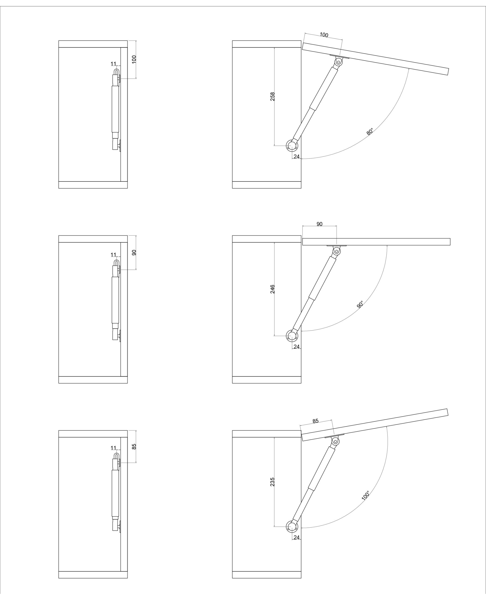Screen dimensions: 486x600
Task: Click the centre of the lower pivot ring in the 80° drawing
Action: (292, 146)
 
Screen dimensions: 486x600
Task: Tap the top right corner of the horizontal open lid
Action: (450, 238)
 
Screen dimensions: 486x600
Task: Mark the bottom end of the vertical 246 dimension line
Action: (274, 336)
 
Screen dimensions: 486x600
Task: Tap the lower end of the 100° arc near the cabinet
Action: (301, 528)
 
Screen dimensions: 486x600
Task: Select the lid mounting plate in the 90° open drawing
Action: (336, 246)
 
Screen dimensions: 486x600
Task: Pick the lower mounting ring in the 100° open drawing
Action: (292, 527)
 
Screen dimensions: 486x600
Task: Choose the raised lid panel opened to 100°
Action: (375, 425)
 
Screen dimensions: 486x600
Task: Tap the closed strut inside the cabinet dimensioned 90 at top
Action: (116, 300)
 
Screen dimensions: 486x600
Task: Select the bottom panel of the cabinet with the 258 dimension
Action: (266, 185)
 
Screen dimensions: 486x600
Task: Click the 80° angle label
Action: (370, 131)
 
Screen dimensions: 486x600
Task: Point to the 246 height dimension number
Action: (272, 289)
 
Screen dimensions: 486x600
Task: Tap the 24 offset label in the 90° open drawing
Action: (297, 347)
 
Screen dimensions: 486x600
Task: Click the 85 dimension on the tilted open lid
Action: (315, 421)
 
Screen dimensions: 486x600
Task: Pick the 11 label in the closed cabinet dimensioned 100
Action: (113, 64)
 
